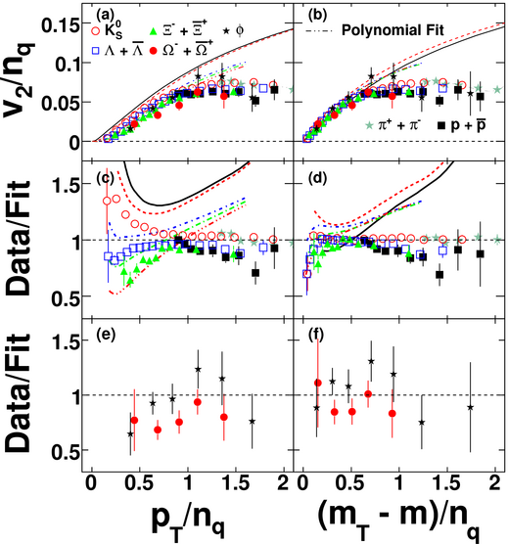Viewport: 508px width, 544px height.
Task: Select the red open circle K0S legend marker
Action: [96, 30]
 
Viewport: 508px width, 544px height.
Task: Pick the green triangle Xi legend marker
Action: [153, 31]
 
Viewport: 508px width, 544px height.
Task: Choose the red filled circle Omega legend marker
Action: [153, 51]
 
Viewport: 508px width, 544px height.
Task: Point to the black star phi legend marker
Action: [226, 31]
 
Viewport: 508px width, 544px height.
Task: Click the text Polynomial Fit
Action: [393, 30]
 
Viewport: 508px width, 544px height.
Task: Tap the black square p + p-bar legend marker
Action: [441, 125]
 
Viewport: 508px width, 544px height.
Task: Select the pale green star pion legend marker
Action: [370, 125]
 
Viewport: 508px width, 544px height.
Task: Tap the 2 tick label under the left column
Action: [284, 483]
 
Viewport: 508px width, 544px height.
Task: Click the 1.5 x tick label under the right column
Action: [447, 483]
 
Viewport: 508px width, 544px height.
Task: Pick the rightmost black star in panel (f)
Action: [471, 407]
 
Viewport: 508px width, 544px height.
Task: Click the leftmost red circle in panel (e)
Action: [134, 420]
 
